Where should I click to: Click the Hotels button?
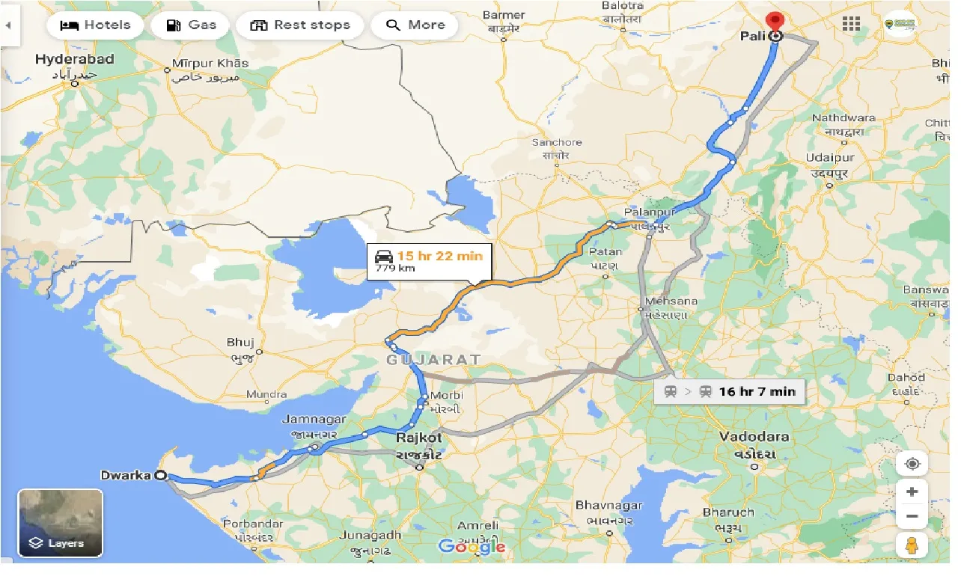(94, 25)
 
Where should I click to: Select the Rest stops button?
(299, 25)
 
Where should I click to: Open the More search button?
(415, 25)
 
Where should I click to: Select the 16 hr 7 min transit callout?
(729, 391)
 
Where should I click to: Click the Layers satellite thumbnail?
(60, 523)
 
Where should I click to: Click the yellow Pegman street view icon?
(912, 545)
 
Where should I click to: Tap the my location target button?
(912, 464)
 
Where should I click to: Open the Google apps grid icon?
(851, 24)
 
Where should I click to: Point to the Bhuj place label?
(240, 343)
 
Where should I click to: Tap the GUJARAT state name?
(433, 360)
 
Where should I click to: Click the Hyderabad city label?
(74, 59)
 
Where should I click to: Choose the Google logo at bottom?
(472, 547)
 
